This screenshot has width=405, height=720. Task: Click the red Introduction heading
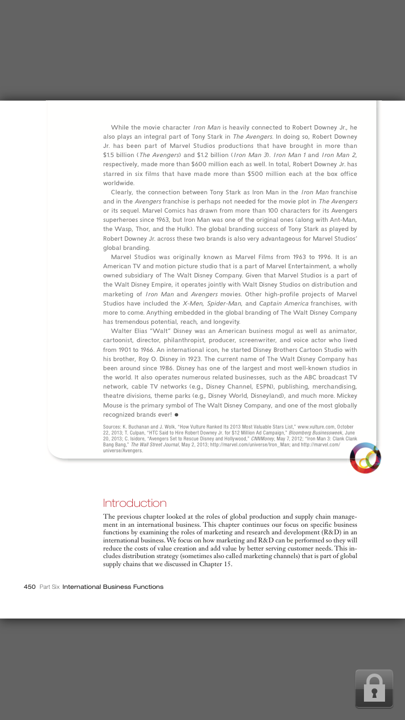coord(134,503)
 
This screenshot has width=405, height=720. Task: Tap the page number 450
coord(30,587)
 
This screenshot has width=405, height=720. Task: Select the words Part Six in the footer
coord(50,587)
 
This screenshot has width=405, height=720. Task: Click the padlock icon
coord(374,688)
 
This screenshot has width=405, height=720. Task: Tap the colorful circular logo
coord(365,458)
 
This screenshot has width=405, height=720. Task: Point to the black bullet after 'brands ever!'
coord(177,415)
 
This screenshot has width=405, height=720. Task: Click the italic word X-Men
coord(193,303)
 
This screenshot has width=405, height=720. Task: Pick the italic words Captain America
coord(283,303)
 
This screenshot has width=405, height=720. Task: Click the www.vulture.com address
coord(318,427)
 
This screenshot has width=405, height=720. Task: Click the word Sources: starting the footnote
coord(112,427)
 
